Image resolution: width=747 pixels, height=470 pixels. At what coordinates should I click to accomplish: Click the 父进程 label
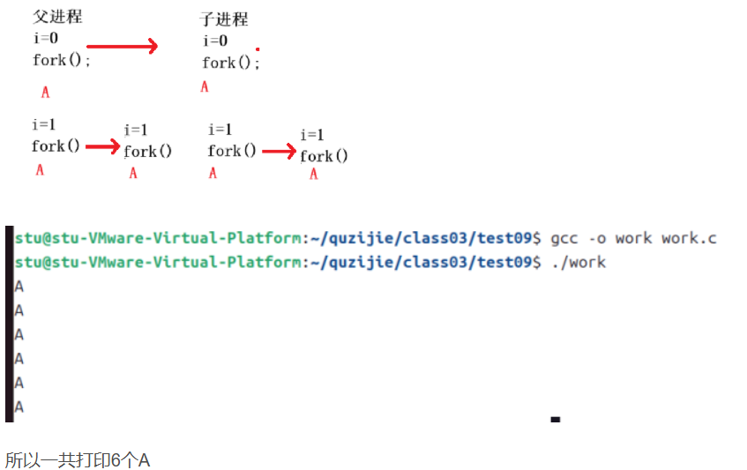pyautogui.click(x=57, y=17)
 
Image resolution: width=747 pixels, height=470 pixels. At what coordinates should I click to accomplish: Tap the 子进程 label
pyautogui.click(x=224, y=19)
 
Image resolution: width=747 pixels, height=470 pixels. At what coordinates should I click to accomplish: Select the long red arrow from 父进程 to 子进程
pyautogui.click(x=122, y=46)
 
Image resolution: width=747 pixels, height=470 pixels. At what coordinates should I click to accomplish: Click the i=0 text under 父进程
pyautogui.click(x=45, y=38)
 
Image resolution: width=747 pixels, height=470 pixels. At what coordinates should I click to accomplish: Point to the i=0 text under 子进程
pyautogui.click(x=215, y=41)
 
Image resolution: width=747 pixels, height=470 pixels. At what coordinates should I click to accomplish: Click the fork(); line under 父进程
pyautogui.click(x=62, y=60)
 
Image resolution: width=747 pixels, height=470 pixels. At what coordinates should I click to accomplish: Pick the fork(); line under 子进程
pyautogui.click(x=231, y=63)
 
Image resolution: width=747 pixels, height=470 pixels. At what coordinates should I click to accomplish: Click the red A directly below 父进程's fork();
pyautogui.click(x=45, y=91)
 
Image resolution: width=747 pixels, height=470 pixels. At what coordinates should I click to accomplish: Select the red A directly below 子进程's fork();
pyautogui.click(x=205, y=86)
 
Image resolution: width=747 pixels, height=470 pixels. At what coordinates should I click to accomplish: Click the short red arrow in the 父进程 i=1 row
pyautogui.click(x=102, y=147)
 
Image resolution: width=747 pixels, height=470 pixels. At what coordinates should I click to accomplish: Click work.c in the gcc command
pyautogui.click(x=689, y=238)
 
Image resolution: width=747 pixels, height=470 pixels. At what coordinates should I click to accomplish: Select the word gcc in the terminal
pyautogui.click(x=563, y=238)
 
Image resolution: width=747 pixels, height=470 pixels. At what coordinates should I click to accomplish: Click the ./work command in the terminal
pyautogui.click(x=578, y=262)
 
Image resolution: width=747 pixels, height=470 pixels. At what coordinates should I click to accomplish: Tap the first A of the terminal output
pyautogui.click(x=19, y=287)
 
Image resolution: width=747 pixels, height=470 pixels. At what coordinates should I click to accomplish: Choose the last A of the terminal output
pyautogui.click(x=19, y=407)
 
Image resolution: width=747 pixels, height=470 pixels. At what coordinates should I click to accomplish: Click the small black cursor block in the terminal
pyautogui.click(x=555, y=420)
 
